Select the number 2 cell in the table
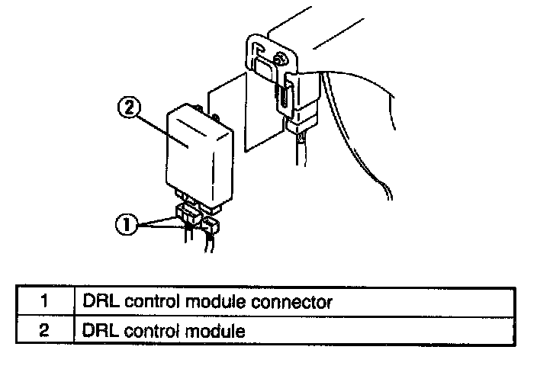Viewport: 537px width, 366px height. pyautogui.click(x=43, y=332)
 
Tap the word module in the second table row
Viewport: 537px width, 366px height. pyautogui.click(x=215, y=332)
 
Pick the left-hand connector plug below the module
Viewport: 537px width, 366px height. pyautogui.click(x=186, y=216)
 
